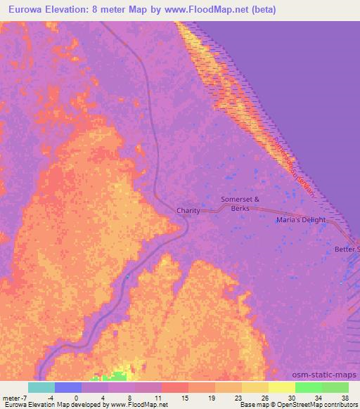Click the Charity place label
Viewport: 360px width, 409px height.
tap(188, 211)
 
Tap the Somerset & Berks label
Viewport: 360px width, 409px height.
tap(240, 204)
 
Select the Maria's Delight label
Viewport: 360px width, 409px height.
tap(300, 221)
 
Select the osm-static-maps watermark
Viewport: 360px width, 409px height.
tap(330, 375)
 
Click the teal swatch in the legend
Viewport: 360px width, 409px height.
tap(41, 387)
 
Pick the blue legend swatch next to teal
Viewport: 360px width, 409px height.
tap(68, 387)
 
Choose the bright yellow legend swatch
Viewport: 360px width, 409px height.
tap(282, 387)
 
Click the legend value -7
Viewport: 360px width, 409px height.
tap(23, 397)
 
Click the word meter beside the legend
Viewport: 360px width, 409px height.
tap(10, 397)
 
